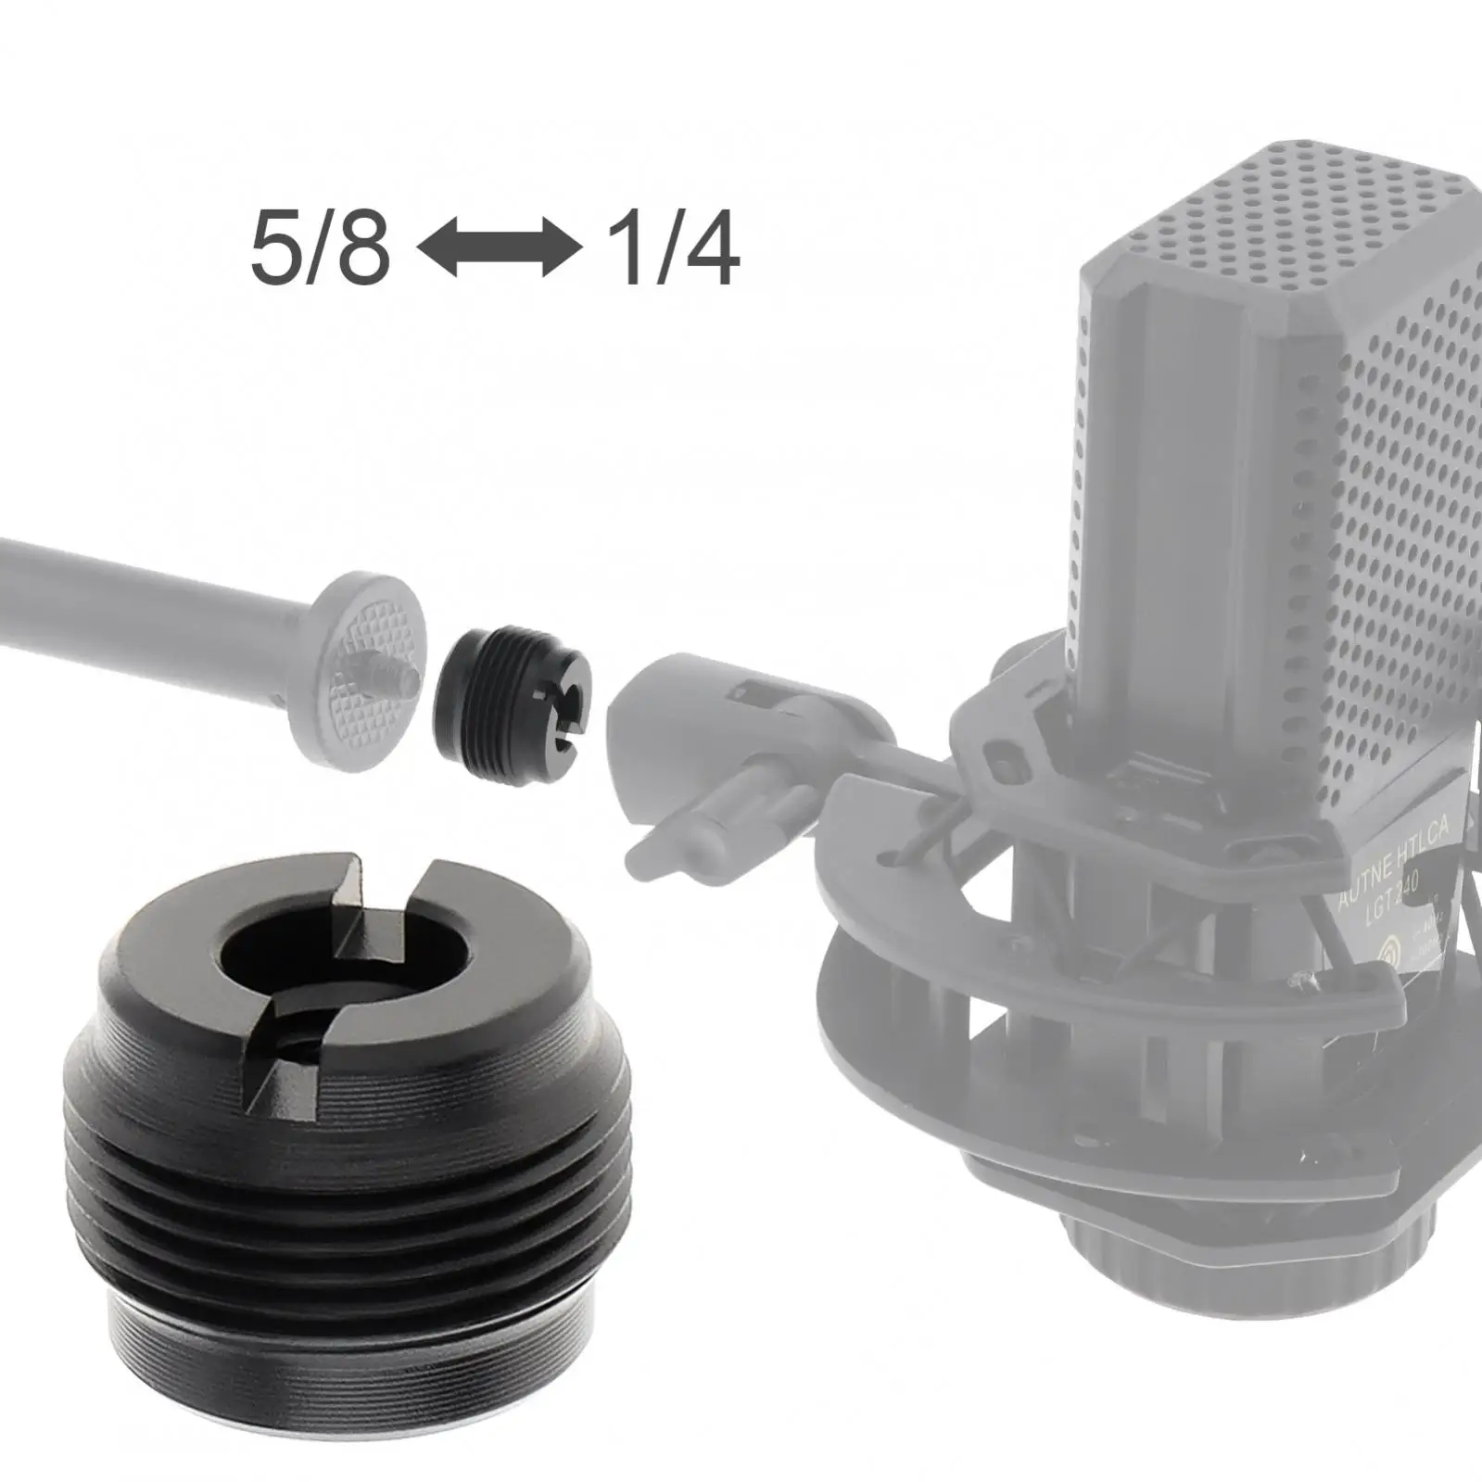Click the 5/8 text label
(x=320, y=250)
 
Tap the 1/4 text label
(x=672, y=250)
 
